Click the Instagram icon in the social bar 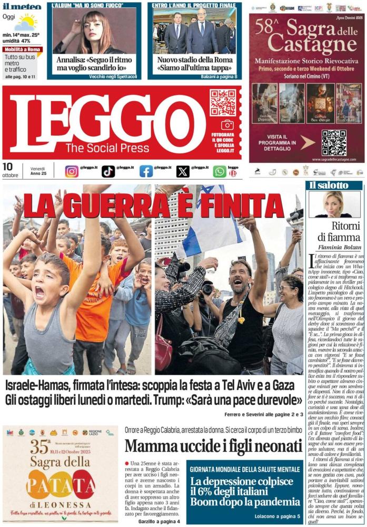72,171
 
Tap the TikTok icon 108,171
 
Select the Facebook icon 146,171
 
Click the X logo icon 183,171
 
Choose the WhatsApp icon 220,171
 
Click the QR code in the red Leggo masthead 223,102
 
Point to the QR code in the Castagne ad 334,143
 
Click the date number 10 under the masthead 7,167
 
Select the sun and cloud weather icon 25,22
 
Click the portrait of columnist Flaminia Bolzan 334,204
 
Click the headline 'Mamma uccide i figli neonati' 213,445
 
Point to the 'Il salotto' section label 329,186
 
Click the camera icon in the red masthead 227,125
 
